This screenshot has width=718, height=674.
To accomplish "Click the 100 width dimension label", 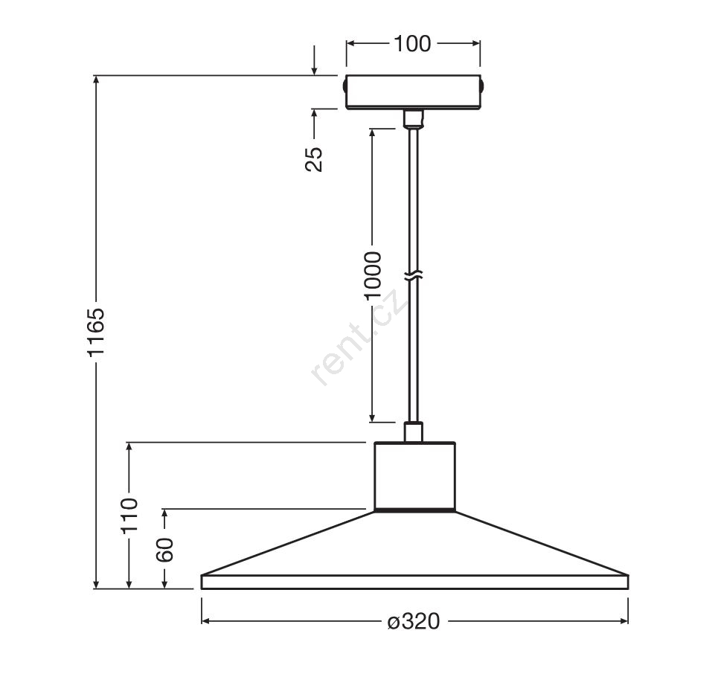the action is (x=412, y=44).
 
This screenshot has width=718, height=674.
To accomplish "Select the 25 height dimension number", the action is (x=314, y=159).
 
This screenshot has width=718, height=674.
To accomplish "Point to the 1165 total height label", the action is (x=97, y=332).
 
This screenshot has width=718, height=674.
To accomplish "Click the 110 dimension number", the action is (x=129, y=515).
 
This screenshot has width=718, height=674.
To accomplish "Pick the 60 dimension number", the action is (x=165, y=550).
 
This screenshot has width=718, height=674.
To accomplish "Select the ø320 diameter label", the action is (x=414, y=621).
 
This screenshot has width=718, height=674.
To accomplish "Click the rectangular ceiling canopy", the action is (x=413, y=92).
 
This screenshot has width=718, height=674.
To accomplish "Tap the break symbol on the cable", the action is (x=413, y=276).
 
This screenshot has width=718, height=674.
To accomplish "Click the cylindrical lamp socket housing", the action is (x=415, y=476).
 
